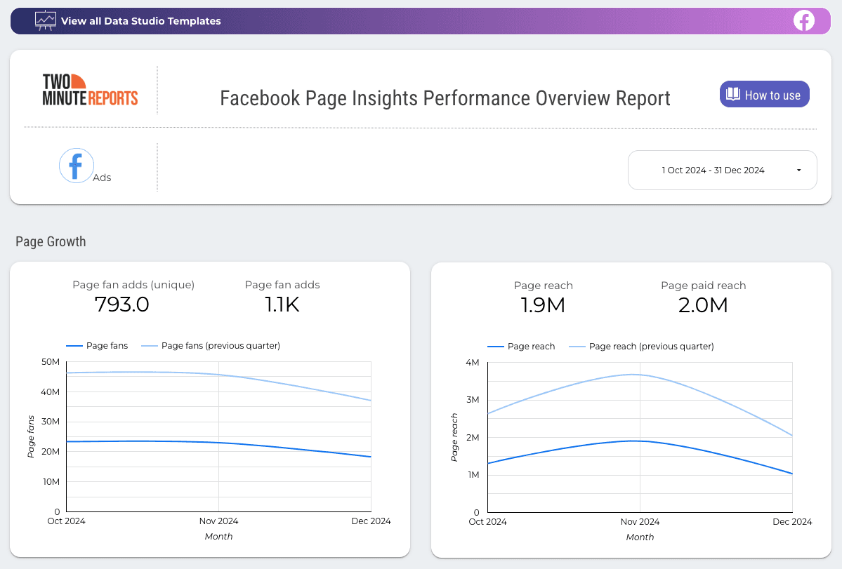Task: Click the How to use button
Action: pos(764,95)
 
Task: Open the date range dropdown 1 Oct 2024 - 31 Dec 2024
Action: pos(722,170)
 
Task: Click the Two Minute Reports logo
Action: pos(90,90)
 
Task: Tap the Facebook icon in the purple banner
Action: pos(803,21)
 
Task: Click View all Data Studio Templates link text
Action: pos(140,21)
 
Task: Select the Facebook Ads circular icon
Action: pos(77,166)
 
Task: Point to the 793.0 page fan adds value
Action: pos(121,304)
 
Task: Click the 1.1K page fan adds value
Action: pos(282,304)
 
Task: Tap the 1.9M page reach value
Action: pos(543,305)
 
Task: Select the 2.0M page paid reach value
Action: pos(703,305)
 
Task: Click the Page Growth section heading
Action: pos(51,241)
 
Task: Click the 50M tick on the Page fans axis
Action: pos(51,361)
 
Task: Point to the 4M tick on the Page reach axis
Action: pos(472,362)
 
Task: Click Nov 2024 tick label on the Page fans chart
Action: pos(218,521)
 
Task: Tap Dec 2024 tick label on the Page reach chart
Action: pos(791,522)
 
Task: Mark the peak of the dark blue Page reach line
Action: pos(636,441)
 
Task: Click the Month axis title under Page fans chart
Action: pos(218,537)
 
